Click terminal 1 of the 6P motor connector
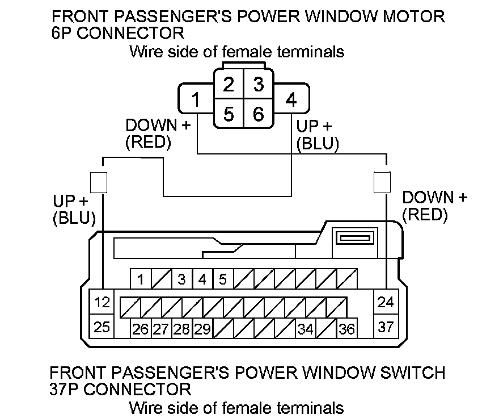coord(196,101)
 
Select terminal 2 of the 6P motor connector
coord(229,85)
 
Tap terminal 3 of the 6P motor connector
coord(259,85)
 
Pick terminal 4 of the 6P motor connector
coord(291,101)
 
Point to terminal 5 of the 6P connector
coord(229,114)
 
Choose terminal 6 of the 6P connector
coord(259,114)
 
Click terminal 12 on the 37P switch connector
coord(102,302)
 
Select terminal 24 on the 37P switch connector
coord(386,302)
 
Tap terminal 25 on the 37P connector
coord(102,327)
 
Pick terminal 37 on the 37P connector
coord(386,327)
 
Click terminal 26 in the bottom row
coord(140,329)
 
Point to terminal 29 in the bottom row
coord(202,329)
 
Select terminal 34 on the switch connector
coord(306,329)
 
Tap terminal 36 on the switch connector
coord(346,329)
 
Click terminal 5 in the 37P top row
coord(223,279)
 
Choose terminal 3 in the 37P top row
coord(181,279)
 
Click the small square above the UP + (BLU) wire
coord(99,182)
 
